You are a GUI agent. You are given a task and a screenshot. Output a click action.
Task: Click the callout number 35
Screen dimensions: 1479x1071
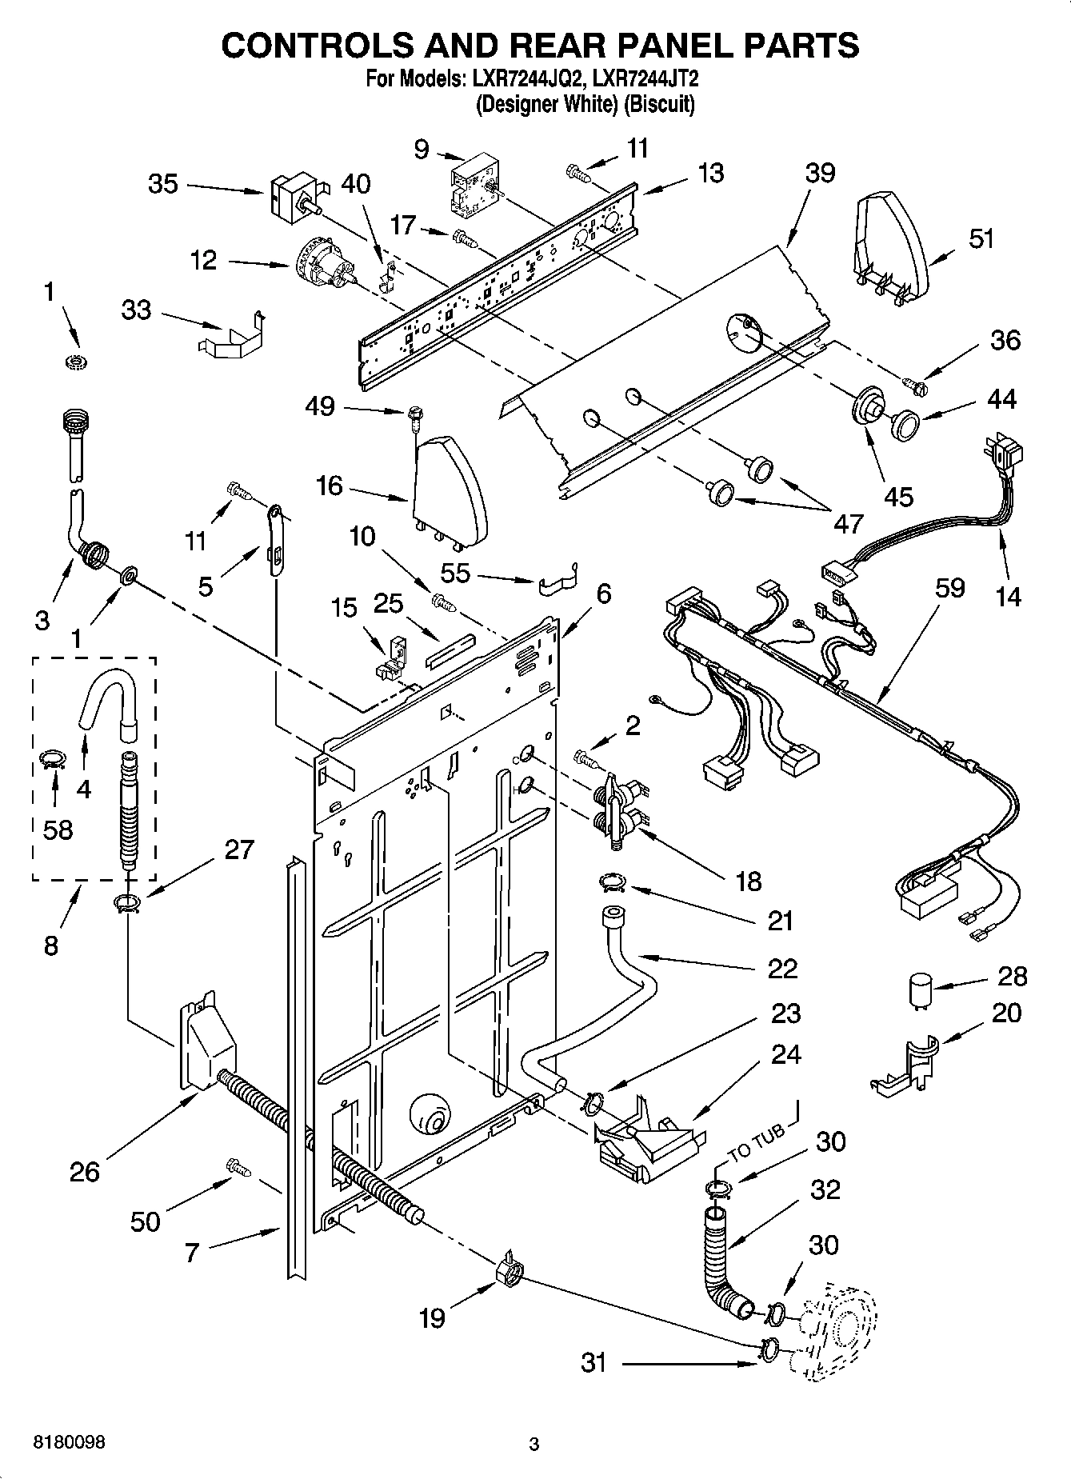point(163,184)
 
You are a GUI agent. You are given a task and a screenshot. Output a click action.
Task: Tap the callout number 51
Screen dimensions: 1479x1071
point(981,238)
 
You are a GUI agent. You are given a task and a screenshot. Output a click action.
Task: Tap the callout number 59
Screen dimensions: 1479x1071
point(949,588)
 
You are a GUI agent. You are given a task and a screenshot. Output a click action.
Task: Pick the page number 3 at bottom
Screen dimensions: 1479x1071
point(534,1445)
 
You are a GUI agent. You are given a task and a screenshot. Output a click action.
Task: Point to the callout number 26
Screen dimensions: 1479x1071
point(85,1172)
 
